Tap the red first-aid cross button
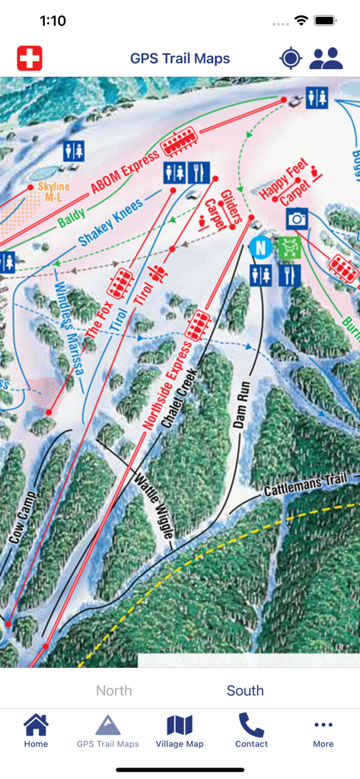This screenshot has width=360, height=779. [30, 58]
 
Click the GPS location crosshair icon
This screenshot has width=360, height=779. [291, 58]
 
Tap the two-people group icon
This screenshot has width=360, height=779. [326, 58]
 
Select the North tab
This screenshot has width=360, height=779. [114, 691]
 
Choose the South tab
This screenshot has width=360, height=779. [245, 691]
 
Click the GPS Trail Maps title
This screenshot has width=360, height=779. [180, 58]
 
